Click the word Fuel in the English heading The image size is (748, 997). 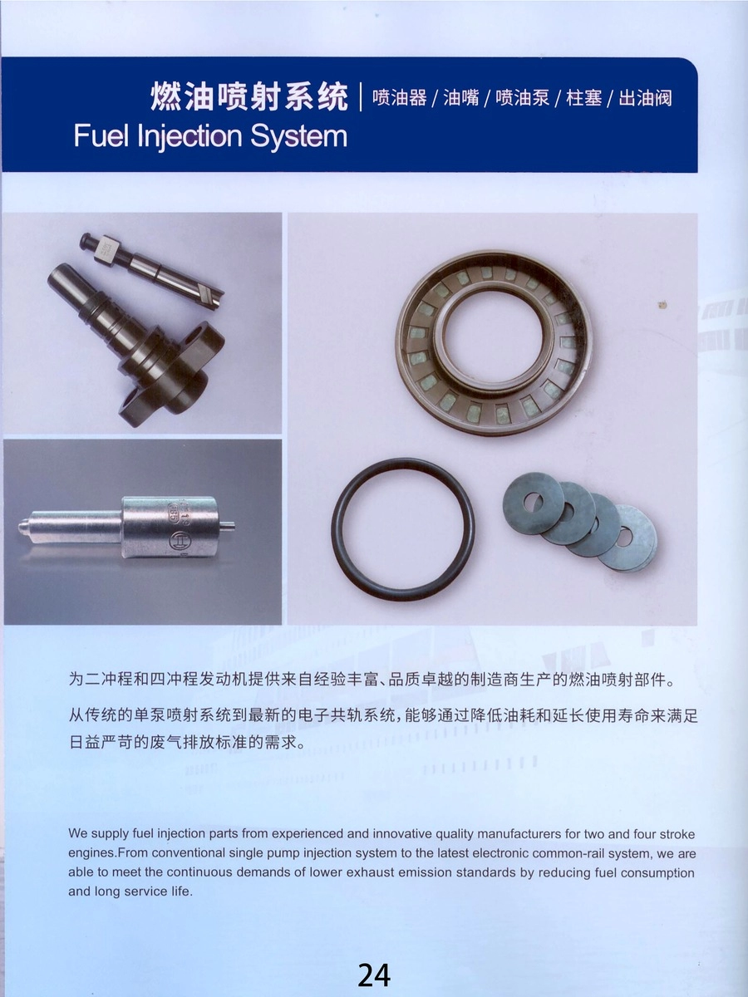(x=100, y=135)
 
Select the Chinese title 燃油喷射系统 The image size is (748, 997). (x=249, y=97)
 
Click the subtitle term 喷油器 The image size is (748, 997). (x=399, y=97)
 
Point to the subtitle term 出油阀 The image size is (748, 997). (x=645, y=97)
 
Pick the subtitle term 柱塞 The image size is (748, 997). (x=583, y=97)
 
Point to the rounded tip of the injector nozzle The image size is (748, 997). (x=22, y=528)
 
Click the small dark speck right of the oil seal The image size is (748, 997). (x=663, y=303)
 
